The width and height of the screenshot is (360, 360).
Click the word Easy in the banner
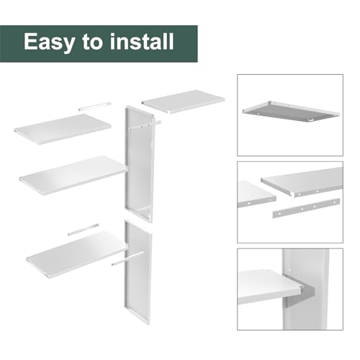[49, 42]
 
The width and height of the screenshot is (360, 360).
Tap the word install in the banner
[142, 41]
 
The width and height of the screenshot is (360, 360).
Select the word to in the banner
[92, 42]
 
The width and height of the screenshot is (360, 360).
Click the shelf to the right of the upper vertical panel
[184, 102]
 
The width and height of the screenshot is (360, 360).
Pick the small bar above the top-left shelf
[95, 107]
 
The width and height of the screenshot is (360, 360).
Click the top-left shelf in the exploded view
[63, 129]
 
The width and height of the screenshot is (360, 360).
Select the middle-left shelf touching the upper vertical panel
[73, 175]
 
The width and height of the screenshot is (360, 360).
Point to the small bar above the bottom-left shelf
[84, 230]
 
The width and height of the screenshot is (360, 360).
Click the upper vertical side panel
[139, 163]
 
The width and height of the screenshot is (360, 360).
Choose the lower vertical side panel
[138, 272]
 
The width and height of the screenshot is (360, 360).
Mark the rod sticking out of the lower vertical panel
[127, 258]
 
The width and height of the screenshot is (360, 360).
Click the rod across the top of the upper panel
[145, 126]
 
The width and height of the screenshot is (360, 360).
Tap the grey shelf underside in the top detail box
[291, 112]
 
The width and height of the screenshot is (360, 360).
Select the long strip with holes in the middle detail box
[306, 208]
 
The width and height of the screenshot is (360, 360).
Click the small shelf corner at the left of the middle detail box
[256, 194]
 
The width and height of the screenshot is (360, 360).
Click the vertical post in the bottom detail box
[305, 289]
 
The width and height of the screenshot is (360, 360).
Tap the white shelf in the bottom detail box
[269, 287]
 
